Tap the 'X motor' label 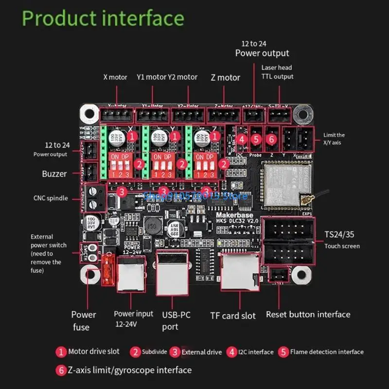point(115,77)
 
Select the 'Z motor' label point(225,77)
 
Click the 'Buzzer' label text point(54,174)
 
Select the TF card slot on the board point(239,272)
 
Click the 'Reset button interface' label point(308,314)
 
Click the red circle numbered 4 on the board point(241,139)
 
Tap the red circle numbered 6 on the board point(272,139)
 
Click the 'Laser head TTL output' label point(277,72)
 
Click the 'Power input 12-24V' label point(133,318)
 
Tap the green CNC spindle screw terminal point(96,197)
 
